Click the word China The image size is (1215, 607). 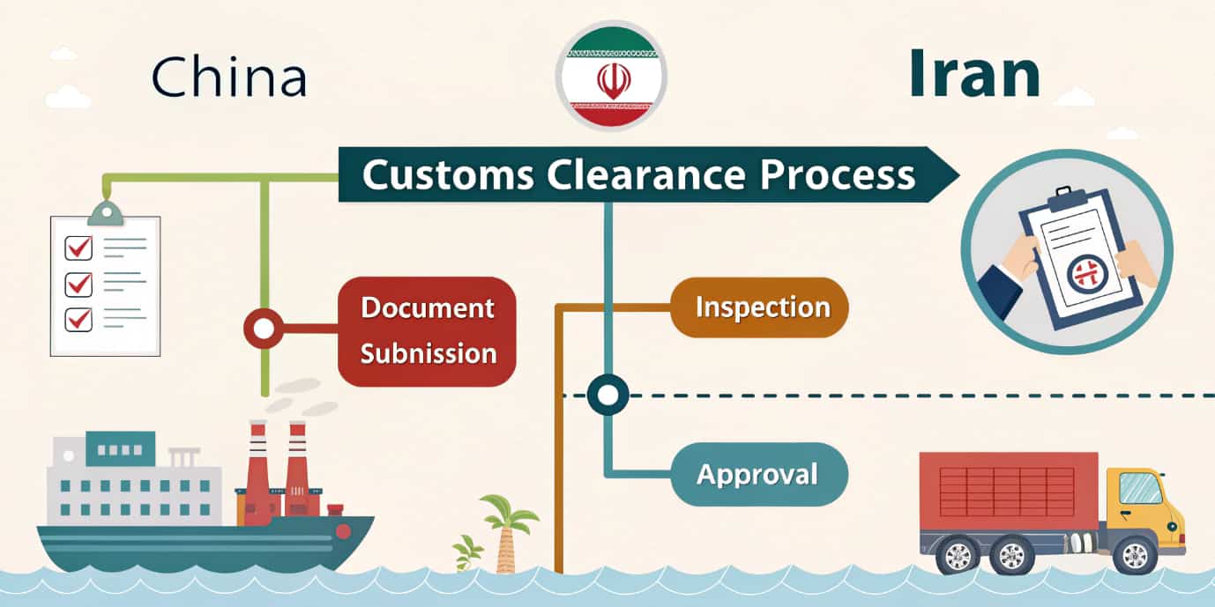(229, 78)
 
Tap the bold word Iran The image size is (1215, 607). (974, 74)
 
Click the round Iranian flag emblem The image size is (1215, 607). (610, 76)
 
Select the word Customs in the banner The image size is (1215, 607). (448, 174)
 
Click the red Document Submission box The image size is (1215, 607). (429, 331)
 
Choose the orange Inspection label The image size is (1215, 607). (760, 307)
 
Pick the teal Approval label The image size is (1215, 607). (758, 475)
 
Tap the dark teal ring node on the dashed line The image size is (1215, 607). (607, 395)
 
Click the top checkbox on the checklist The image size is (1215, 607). (79, 248)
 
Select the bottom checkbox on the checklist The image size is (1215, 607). (79, 317)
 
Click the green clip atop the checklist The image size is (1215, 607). (106, 212)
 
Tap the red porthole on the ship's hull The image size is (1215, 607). (343, 530)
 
